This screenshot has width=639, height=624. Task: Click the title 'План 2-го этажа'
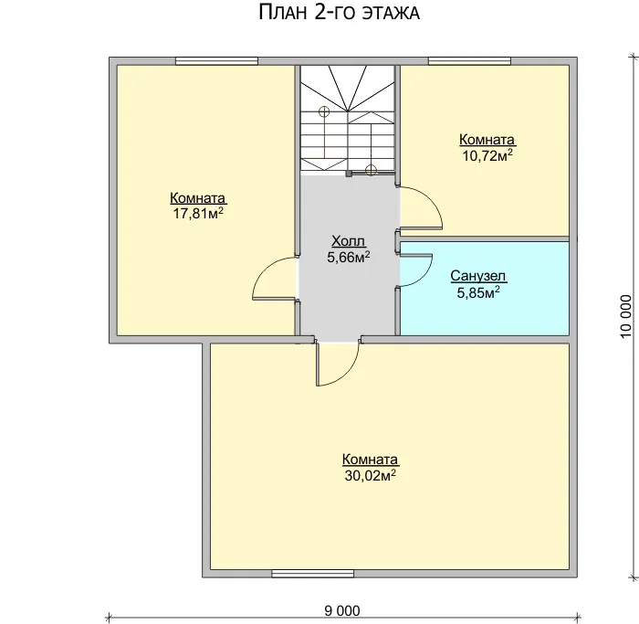tap(339, 12)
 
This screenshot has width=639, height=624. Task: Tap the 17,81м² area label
tap(198, 213)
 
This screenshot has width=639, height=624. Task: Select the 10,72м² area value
tap(487, 155)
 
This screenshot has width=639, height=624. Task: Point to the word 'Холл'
tap(348, 241)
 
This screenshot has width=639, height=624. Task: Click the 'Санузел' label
tap(478, 276)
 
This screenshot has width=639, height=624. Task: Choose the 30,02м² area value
tap(371, 475)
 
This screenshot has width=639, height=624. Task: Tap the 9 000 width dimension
tap(342, 611)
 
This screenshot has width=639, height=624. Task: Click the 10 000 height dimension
tap(626, 316)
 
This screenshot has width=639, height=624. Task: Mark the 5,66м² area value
tap(349, 257)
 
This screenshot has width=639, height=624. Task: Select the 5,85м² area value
tap(478, 292)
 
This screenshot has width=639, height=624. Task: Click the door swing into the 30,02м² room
tap(350, 372)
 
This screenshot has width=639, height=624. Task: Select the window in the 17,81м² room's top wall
tap(217, 61)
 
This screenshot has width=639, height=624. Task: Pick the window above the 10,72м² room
tap(469, 61)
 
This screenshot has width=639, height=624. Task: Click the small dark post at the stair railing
tap(349, 175)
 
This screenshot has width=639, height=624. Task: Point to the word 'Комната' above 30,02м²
tap(370, 460)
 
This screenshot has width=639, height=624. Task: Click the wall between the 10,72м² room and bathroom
tap(484, 238)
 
